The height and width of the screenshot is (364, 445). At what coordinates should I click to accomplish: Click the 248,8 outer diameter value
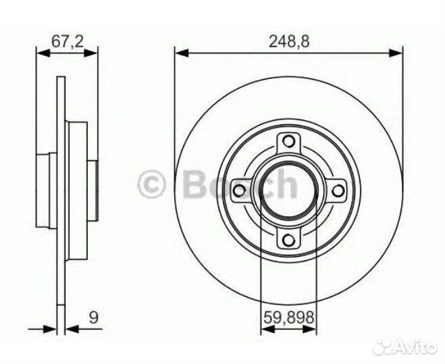coord(289,41)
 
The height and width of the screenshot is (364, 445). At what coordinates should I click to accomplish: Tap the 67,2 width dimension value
coord(67,41)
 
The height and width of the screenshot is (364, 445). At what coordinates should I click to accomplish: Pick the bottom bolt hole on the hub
coord(289,238)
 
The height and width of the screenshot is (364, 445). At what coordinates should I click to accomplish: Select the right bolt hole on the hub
coord(338,190)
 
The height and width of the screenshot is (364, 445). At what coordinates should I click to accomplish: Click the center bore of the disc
coord(289,190)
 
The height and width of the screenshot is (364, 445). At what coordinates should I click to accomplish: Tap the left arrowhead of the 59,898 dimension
coord(265,330)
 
